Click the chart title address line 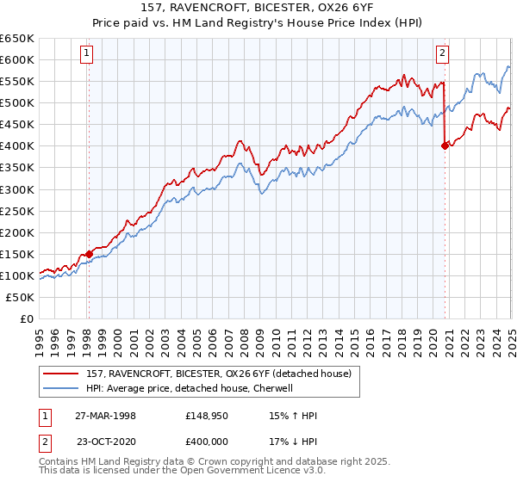pyautogui.click(x=258, y=9)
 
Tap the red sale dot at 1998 pyautogui.click(x=89, y=254)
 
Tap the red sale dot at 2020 pyautogui.click(x=445, y=145)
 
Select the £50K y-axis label pyautogui.click(x=21, y=297)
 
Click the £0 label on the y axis pyautogui.click(x=27, y=318)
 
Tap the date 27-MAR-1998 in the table pyautogui.click(x=105, y=416)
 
